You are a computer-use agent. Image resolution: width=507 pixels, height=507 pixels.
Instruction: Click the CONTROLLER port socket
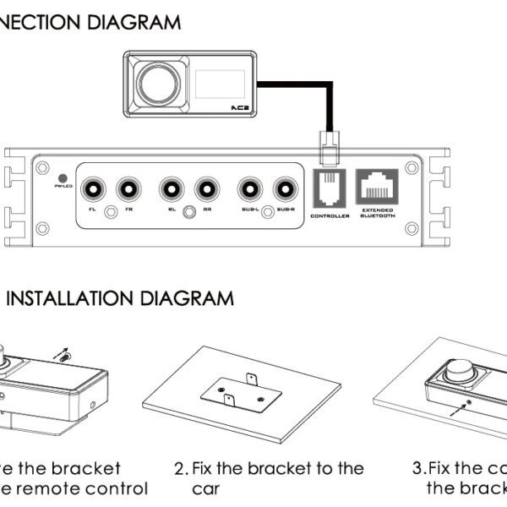(x=330, y=188)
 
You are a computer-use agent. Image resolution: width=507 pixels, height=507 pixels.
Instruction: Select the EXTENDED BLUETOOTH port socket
(x=378, y=186)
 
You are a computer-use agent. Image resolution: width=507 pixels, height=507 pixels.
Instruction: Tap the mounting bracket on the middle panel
(x=242, y=391)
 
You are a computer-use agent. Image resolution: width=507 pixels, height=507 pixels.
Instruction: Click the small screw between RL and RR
(x=190, y=212)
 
